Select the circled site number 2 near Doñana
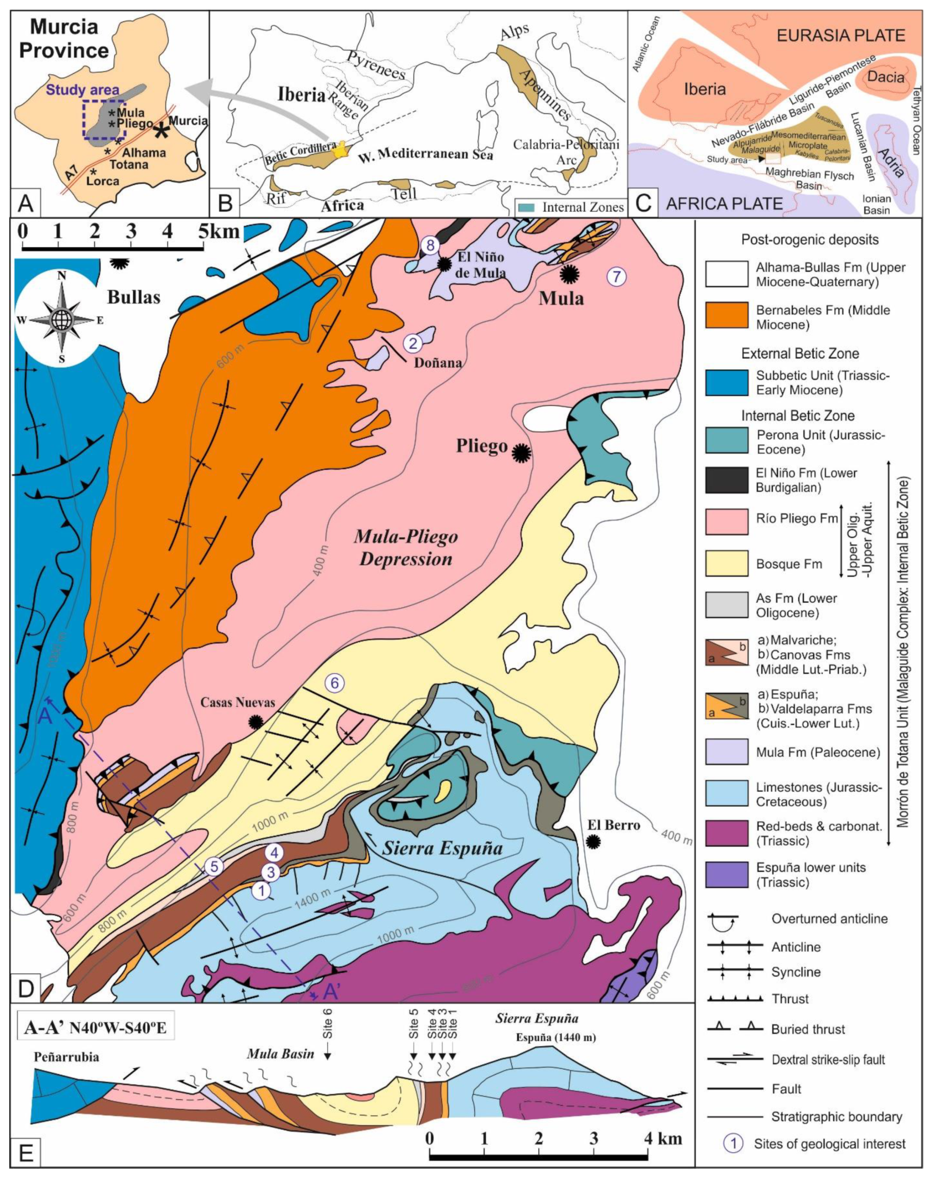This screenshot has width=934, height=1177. pos(413,343)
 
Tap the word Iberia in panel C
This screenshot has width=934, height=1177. pos(705,89)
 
